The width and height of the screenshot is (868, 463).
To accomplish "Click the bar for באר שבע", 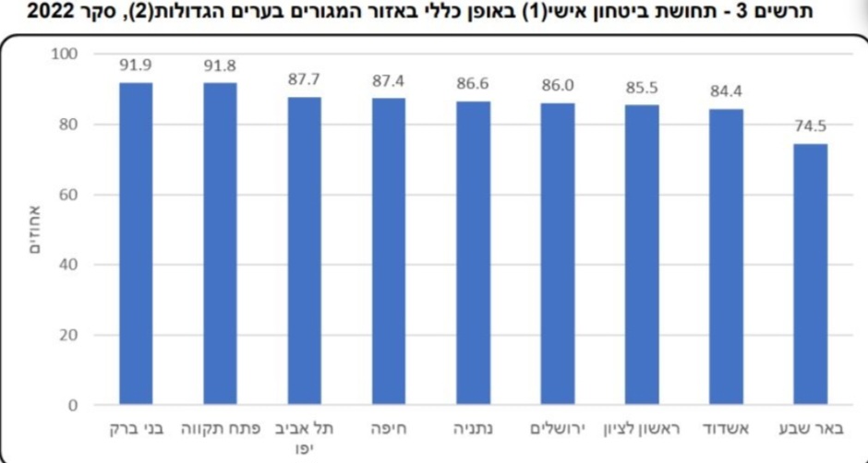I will (x=810, y=274).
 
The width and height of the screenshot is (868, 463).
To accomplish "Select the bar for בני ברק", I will (x=136, y=243).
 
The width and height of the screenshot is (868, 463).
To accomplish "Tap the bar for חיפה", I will (x=389, y=252).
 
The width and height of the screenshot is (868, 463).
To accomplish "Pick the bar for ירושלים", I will (x=558, y=254).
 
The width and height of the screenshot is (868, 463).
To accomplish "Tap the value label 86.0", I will (x=558, y=87).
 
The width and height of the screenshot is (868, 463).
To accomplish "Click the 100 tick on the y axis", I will (x=78, y=54).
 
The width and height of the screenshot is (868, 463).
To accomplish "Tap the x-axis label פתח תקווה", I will (x=220, y=430).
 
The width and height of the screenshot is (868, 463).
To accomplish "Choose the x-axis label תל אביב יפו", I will (x=304, y=437).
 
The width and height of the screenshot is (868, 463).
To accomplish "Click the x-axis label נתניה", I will (x=473, y=430).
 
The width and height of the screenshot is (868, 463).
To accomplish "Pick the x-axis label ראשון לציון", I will (x=642, y=430).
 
